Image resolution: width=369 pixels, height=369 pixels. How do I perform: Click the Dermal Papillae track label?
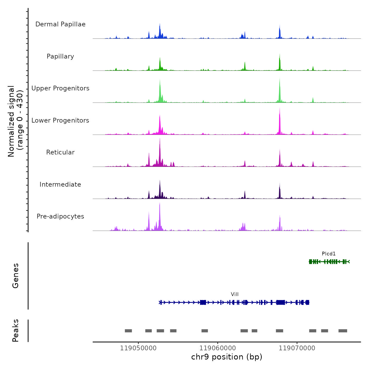(x=60, y=24)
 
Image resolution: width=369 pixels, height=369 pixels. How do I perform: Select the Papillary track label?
(x=60, y=56)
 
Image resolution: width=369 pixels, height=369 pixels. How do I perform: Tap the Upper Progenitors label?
(x=60, y=88)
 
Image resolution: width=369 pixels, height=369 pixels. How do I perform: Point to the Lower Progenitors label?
(x=60, y=120)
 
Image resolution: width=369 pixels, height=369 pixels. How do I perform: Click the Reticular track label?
(x=60, y=152)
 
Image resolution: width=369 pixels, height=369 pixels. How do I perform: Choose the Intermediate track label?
(x=60, y=184)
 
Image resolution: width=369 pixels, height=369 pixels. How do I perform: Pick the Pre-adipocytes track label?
(x=60, y=216)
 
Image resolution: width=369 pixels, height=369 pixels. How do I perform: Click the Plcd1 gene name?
(x=329, y=254)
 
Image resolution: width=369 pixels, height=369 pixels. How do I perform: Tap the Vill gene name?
(x=235, y=294)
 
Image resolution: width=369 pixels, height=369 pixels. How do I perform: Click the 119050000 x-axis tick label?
(x=138, y=348)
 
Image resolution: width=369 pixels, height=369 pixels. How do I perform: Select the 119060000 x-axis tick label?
(x=218, y=348)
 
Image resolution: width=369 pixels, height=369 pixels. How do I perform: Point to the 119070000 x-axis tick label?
(x=297, y=348)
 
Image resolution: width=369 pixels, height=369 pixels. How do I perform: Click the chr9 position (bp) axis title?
(x=227, y=357)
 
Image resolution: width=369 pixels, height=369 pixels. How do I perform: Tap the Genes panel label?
(x=16, y=276)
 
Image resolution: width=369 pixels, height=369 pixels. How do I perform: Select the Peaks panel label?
(x=16, y=331)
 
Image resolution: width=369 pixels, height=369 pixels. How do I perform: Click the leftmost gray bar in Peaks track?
(x=128, y=331)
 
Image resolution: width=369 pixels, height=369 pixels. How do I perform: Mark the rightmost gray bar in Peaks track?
(x=343, y=331)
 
